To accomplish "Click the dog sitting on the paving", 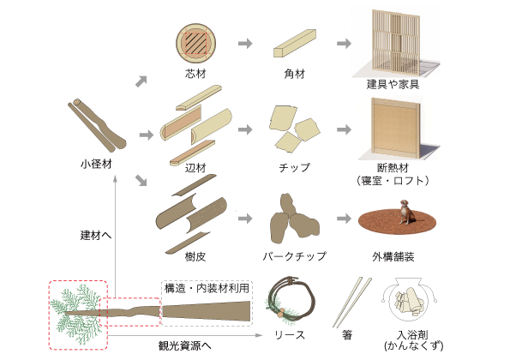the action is coord(406,212).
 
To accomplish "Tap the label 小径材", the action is coord(96,164).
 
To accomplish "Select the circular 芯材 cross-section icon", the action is coord(195,43).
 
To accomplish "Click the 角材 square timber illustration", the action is coord(295,43).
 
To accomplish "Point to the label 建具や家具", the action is coord(393,84).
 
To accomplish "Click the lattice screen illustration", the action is coord(397,42).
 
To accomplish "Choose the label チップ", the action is coord(295,168).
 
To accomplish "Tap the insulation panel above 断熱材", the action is coord(396,128).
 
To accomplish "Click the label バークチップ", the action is coord(295,256).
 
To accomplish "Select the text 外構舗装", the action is coord(393,257).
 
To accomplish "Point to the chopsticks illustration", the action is coord(351,303).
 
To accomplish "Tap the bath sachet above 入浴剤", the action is coord(410,300).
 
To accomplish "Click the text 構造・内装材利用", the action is coord(207,288).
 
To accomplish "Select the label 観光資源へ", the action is coord(185,345).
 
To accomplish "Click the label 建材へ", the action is coord(96,235).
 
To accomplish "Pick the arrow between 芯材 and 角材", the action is coord(245,43).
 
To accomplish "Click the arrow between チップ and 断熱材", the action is coord(344,129).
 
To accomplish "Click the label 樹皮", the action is coord(195,257).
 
